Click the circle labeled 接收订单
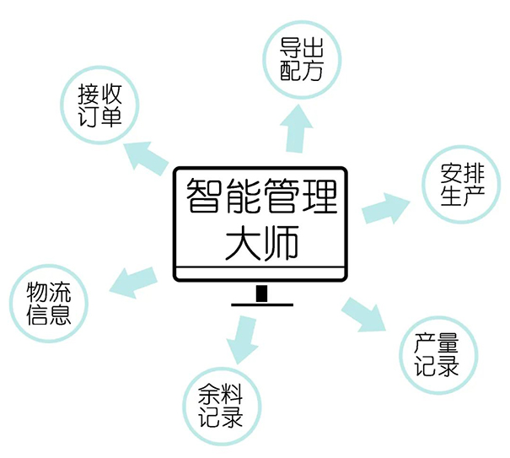[x=99, y=104]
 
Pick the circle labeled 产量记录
[x=436, y=354]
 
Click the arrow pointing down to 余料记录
[x=242, y=339]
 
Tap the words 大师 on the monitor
[x=260, y=242]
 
